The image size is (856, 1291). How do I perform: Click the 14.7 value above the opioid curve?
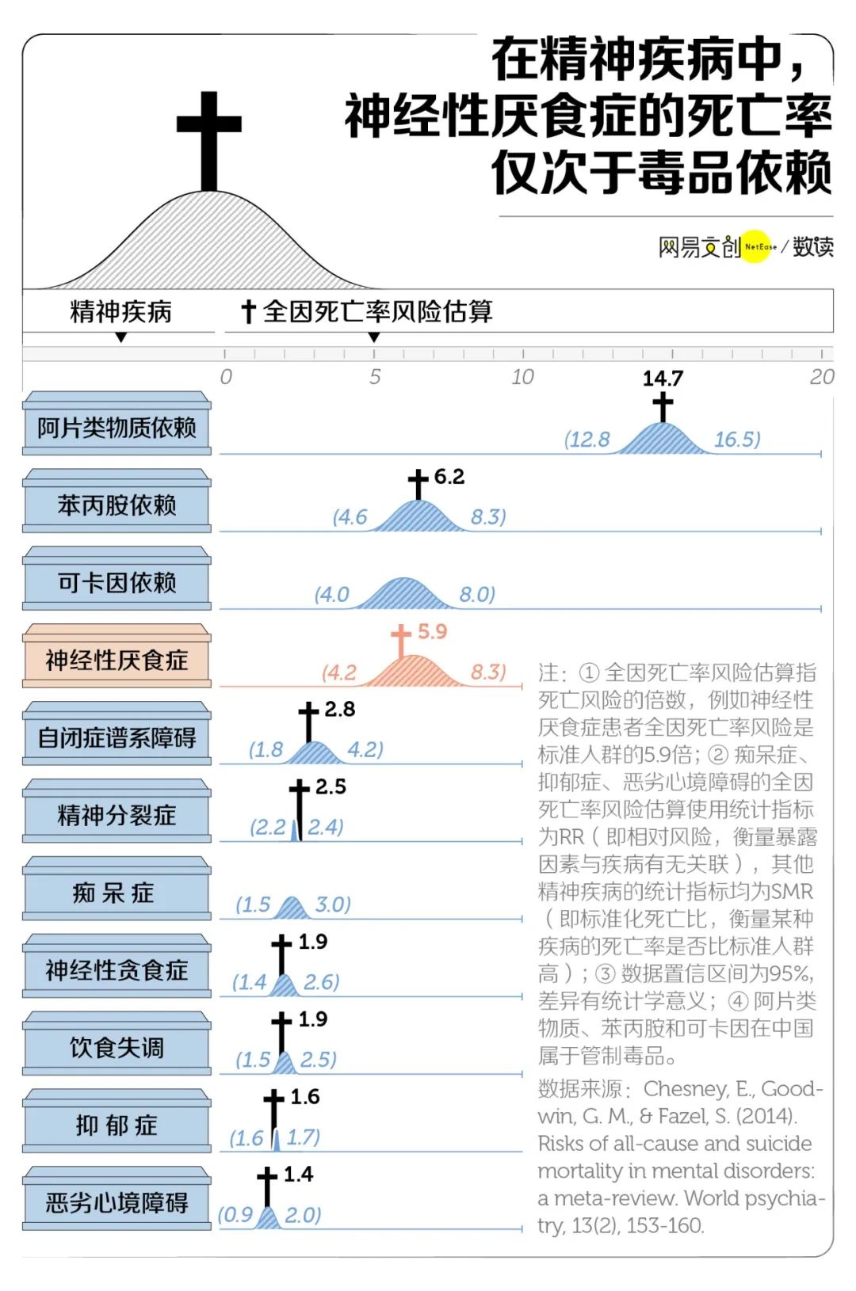pyautogui.click(x=663, y=378)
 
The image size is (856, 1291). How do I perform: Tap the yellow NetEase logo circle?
pyautogui.click(x=755, y=246)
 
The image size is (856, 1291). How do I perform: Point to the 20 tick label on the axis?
pyautogui.click(x=822, y=377)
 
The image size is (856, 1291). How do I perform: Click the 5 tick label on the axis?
pyautogui.click(x=375, y=377)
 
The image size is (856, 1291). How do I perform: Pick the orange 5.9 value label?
pyautogui.click(x=433, y=631)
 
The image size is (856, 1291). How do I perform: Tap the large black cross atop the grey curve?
pyautogui.click(x=208, y=141)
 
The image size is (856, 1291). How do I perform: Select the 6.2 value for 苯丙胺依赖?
pyautogui.click(x=449, y=477)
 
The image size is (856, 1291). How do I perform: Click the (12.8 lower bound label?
pyautogui.click(x=587, y=439)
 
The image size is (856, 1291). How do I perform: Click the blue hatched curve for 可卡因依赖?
pyautogui.click(x=405, y=593)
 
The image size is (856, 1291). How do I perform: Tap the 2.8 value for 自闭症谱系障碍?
pyautogui.click(x=340, y=709)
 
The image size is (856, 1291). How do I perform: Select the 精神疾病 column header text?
pyautogui.click(x=120, y=311)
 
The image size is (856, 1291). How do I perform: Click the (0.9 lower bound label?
pyautogui.click(x=235, y=1215)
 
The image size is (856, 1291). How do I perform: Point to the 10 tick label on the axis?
pyautogui.click(x=522, y=377)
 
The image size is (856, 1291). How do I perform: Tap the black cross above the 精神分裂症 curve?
pyautogui.click(x=300, y=809)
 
